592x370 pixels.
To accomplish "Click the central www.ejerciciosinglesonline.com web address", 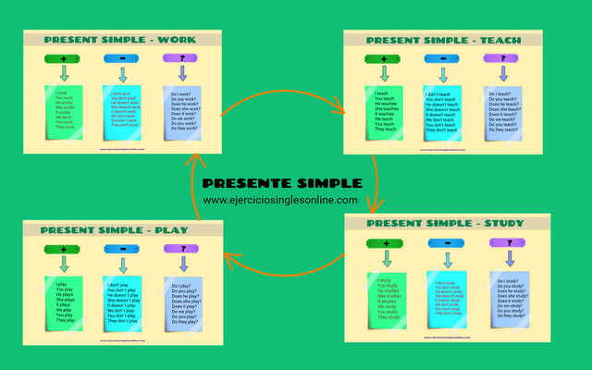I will [280, 200].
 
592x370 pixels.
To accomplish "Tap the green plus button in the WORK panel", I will [62, 59].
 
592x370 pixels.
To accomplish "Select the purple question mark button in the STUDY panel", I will [504, 243].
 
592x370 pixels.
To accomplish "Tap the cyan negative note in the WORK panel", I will [121, 112].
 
